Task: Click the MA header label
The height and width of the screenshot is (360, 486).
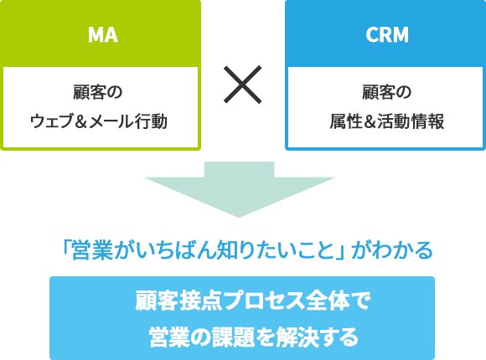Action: click(x=102, y=34)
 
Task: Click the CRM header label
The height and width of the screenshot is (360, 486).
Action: click(x=387, y=34)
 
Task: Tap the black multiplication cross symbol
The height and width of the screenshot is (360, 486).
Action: click(x=243, y=85)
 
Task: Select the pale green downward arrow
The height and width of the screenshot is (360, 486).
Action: click(x=239, y=189)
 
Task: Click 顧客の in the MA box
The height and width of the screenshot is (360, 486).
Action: click(x=98, y=92)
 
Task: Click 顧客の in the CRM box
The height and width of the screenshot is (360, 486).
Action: click(x=386, y=92)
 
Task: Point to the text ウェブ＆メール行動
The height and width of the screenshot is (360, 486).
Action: click(x=99, y=121)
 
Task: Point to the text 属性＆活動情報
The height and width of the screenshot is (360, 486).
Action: click(x=386, y=121)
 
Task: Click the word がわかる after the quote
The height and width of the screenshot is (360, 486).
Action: click(x=392, y=250)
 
